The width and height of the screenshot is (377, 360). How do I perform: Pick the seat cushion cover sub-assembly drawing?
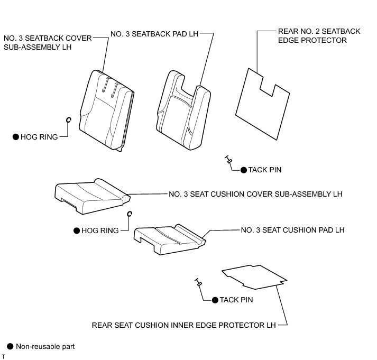coord(90,196)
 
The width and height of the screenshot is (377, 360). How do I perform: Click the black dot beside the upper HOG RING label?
coord(16,136)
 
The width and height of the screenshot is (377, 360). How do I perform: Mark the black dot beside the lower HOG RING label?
coord(77,230)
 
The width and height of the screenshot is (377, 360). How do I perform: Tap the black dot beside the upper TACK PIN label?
coord(243,170)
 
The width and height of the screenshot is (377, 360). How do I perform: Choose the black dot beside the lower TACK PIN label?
coord(215,300)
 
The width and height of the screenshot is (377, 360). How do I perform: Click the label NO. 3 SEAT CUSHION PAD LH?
coord(292,230)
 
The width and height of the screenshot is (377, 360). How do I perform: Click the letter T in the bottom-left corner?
coord(3,357)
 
